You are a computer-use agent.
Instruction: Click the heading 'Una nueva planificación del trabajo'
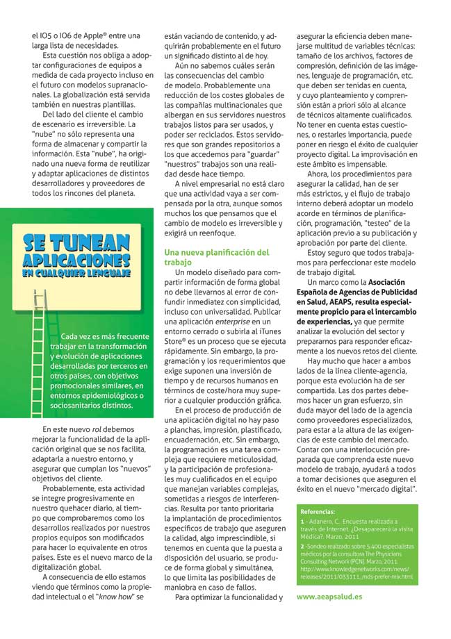[216, 258]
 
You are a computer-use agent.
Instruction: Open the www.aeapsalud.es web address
[329, 596]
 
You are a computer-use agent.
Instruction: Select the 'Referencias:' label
[320, 511]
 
